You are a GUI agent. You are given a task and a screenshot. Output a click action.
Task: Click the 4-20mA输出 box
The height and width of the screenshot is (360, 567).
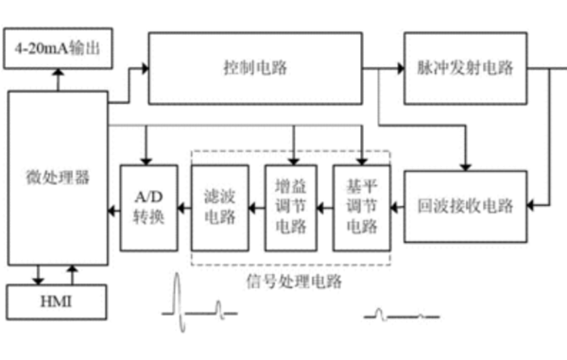coord(60,48)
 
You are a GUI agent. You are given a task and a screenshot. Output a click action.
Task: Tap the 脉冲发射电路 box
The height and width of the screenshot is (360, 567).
coord(466,68)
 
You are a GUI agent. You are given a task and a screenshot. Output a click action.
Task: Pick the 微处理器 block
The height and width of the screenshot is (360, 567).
coord(58,178)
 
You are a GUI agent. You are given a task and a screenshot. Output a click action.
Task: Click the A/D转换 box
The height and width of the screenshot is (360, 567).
coord(148,207)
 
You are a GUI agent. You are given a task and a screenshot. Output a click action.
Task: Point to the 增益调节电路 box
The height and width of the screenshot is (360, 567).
coord(291,207)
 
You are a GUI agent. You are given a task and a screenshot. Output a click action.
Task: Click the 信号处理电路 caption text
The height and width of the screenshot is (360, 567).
coord(293,281)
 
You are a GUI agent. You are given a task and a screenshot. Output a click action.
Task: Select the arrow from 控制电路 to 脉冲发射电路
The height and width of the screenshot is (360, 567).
coord(387,68)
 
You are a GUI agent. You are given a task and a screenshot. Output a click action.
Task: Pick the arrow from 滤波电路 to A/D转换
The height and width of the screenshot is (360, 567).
coord(183,207)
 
